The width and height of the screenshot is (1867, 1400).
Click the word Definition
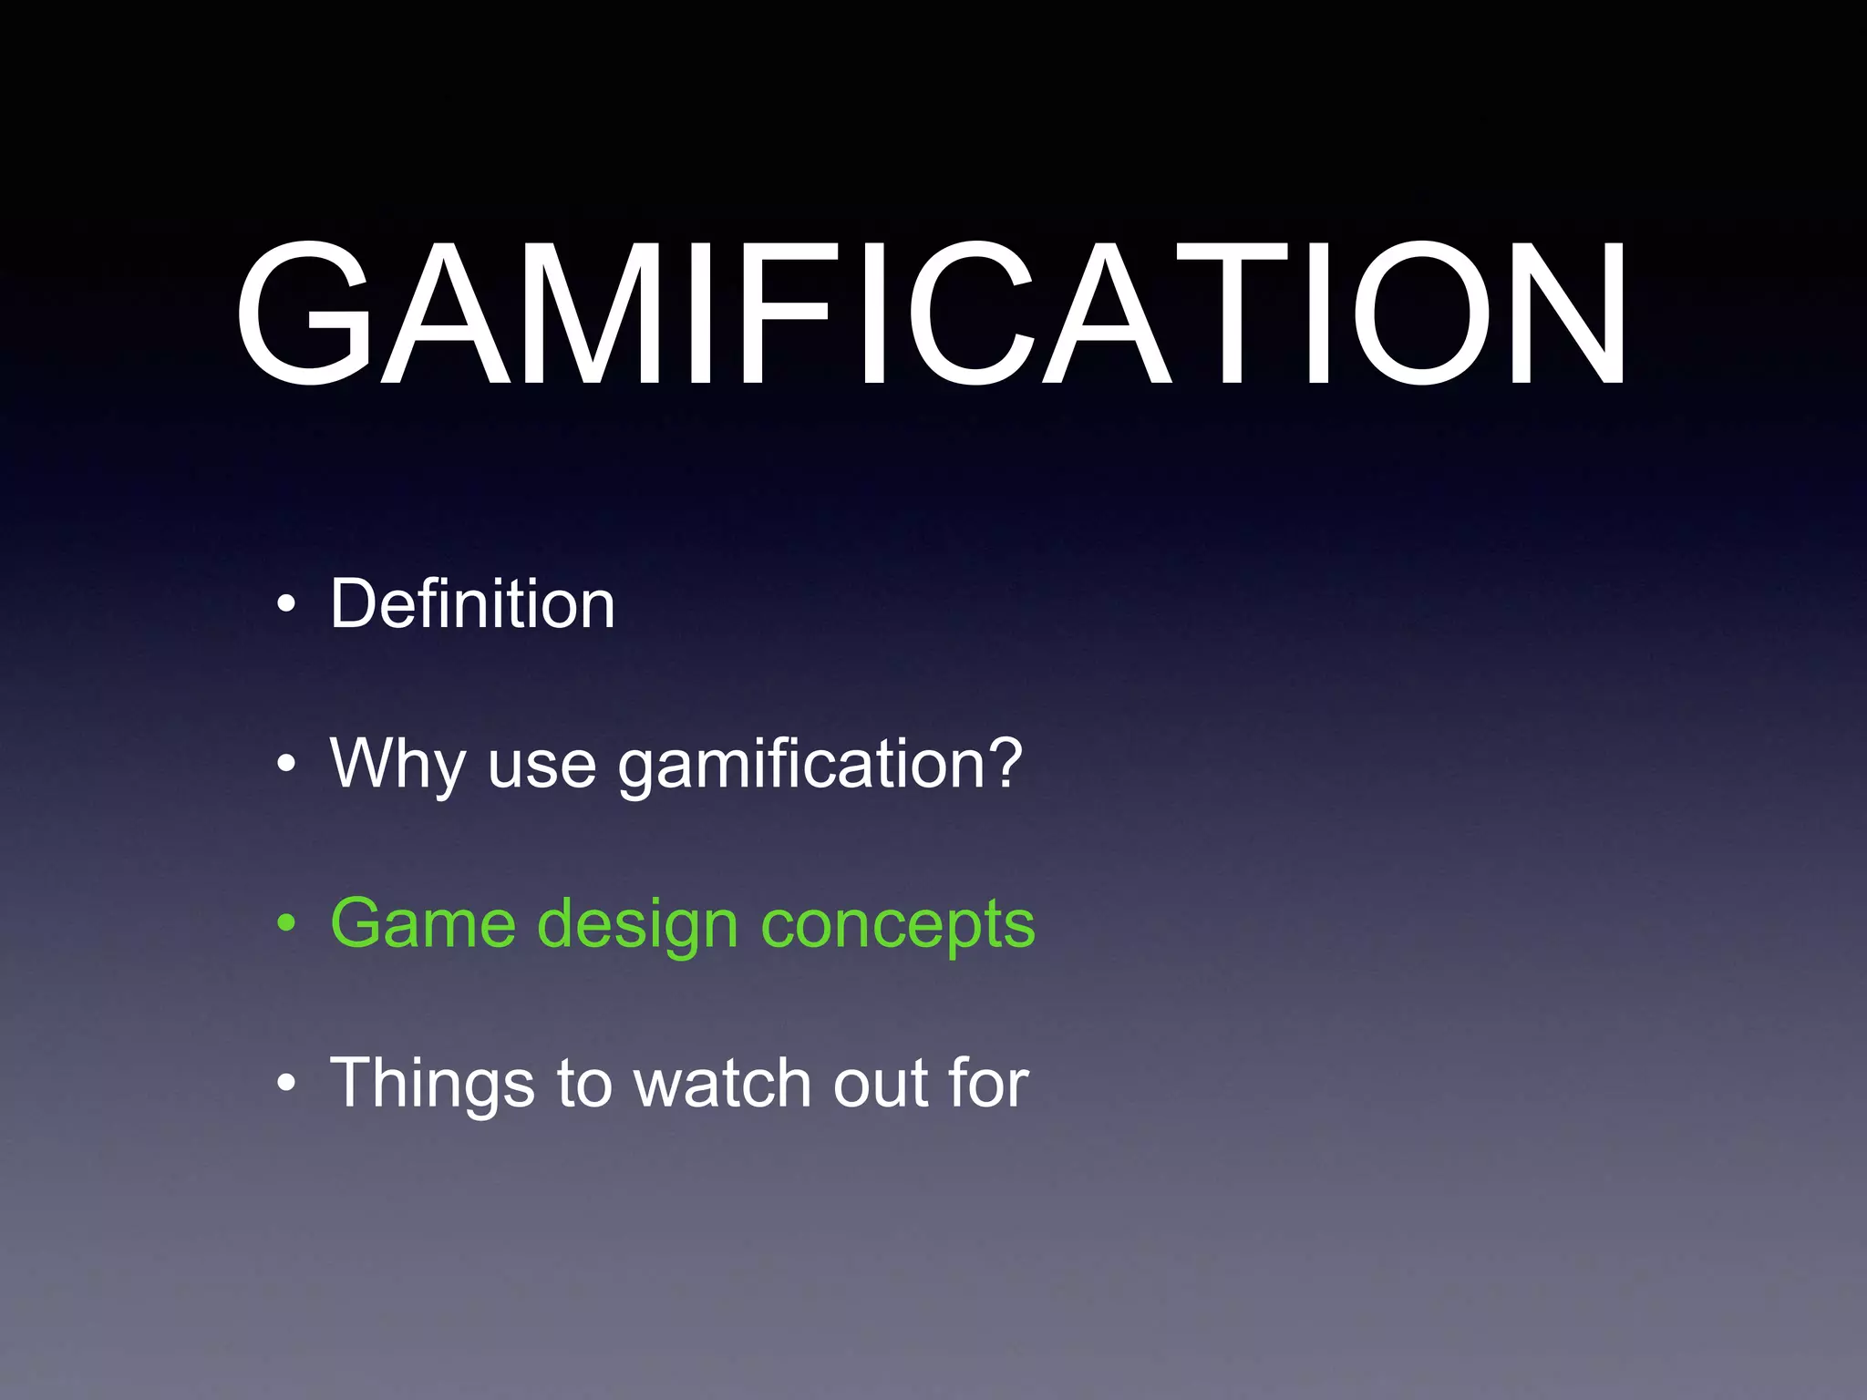tap(472, 603)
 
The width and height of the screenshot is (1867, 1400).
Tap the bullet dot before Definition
tap(287, 604)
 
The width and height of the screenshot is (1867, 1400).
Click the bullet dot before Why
tap(287, 764)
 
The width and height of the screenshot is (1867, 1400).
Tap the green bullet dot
tap(287, 923)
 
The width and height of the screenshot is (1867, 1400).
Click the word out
tap(879, 1084)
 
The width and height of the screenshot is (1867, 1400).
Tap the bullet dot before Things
tap(287, 1084)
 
